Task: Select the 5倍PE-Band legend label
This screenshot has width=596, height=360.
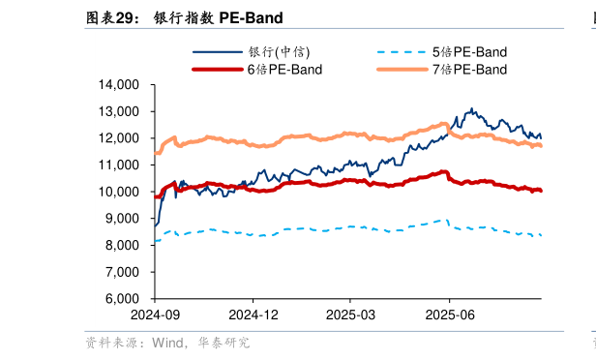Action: coord(469,51)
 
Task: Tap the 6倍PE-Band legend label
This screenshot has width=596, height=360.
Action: coord(284,70)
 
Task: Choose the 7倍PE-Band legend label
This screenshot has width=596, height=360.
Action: coord(469,70)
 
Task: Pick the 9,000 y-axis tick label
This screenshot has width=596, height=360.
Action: coord(122,219)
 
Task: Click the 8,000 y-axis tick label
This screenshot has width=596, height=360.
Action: coord(122,246)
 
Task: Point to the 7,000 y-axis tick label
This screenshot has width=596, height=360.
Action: coord(122,272)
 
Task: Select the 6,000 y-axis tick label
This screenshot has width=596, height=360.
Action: coord(122,299)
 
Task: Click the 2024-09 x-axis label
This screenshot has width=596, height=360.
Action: coord(156,315)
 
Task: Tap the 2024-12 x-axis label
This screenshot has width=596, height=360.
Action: coord(253,315)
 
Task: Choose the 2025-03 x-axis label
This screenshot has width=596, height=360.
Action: coord(350,315)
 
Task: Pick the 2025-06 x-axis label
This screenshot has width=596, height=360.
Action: coord(449,315)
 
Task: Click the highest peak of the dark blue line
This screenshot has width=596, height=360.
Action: coord(471,108)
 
